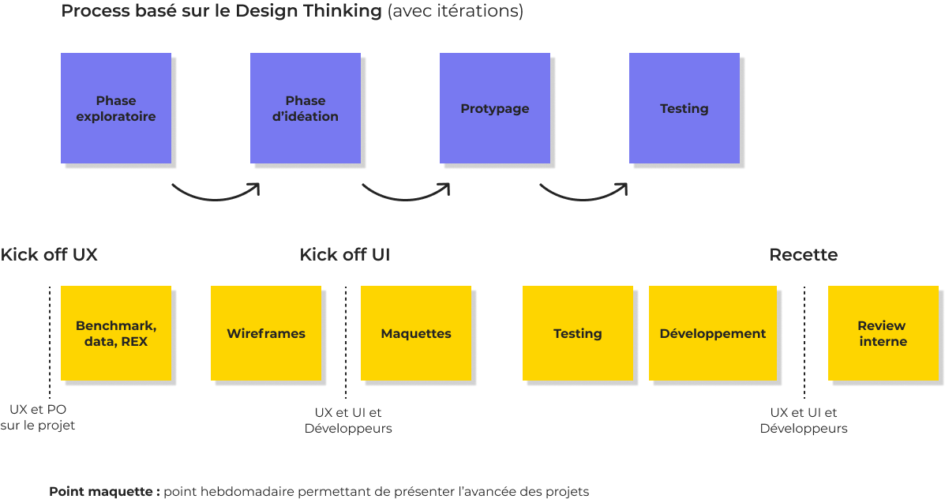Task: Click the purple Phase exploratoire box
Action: (116, 108)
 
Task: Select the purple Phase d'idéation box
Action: (306, 108)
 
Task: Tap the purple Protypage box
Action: (495, 108)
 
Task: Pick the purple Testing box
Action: (684, 108)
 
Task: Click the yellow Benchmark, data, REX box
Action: (116, 333)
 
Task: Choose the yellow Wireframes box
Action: (266, 333)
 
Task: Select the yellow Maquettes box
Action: (416, 333)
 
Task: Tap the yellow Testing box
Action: (578, 333)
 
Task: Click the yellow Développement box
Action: (712, 333)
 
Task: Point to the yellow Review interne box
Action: (883, 333)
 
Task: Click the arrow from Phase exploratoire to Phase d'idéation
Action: (215, 194)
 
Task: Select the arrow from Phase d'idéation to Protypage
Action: (405, 194)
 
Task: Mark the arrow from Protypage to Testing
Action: (583, 194)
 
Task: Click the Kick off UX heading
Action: (49, 255)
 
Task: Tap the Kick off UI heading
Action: (344, 255)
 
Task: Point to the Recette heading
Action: (803, 255)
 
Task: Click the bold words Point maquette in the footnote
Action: (103, 491)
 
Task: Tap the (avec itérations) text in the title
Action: (456, 12)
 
